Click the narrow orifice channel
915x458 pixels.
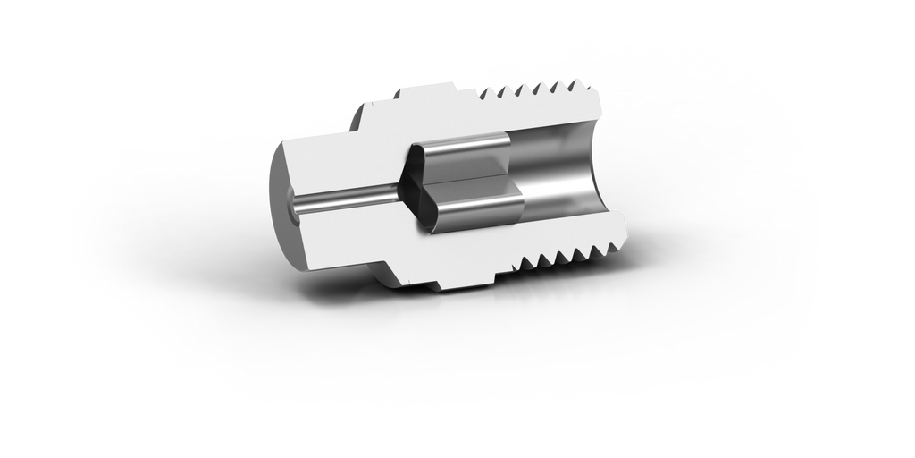click(348, 200)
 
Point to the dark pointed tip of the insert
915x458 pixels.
click(405, 187)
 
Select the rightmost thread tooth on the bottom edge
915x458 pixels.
click(617, 246)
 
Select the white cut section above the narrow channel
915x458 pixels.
click(340, 161)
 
